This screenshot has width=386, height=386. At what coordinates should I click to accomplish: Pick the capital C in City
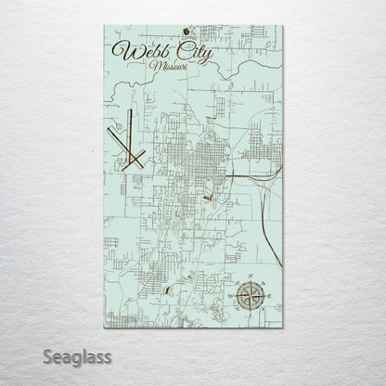coord(181,55)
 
